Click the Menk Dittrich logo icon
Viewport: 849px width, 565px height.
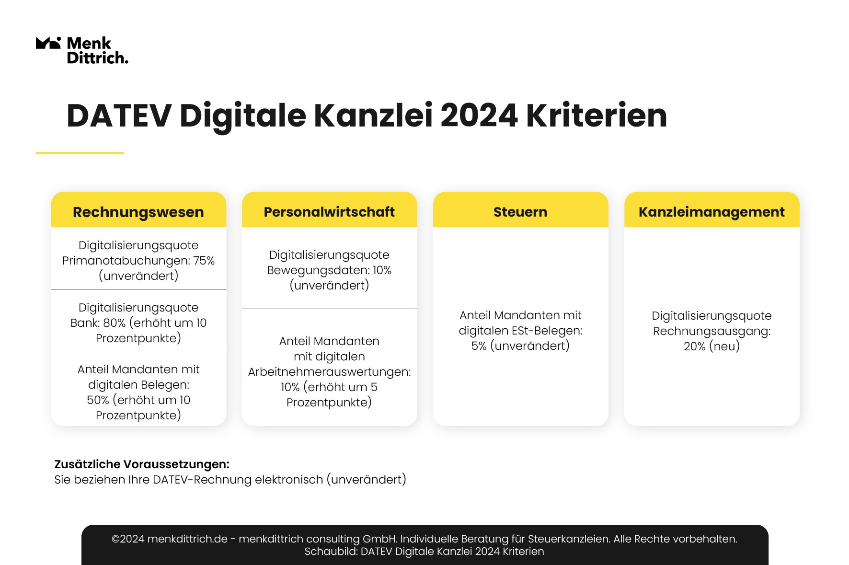48,43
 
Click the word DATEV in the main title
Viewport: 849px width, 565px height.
119,116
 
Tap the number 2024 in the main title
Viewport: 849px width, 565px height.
479,116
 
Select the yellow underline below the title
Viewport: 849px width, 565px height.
80,153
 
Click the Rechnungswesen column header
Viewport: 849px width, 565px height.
138,212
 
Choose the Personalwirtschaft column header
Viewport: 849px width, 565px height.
329,212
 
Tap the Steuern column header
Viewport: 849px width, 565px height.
520,212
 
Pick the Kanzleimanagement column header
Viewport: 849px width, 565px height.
711,212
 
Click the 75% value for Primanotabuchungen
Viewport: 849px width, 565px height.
204,261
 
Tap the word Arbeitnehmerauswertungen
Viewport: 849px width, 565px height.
329,372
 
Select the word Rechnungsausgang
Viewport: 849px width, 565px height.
712,331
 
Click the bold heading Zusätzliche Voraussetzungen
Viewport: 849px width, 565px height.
142,464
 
